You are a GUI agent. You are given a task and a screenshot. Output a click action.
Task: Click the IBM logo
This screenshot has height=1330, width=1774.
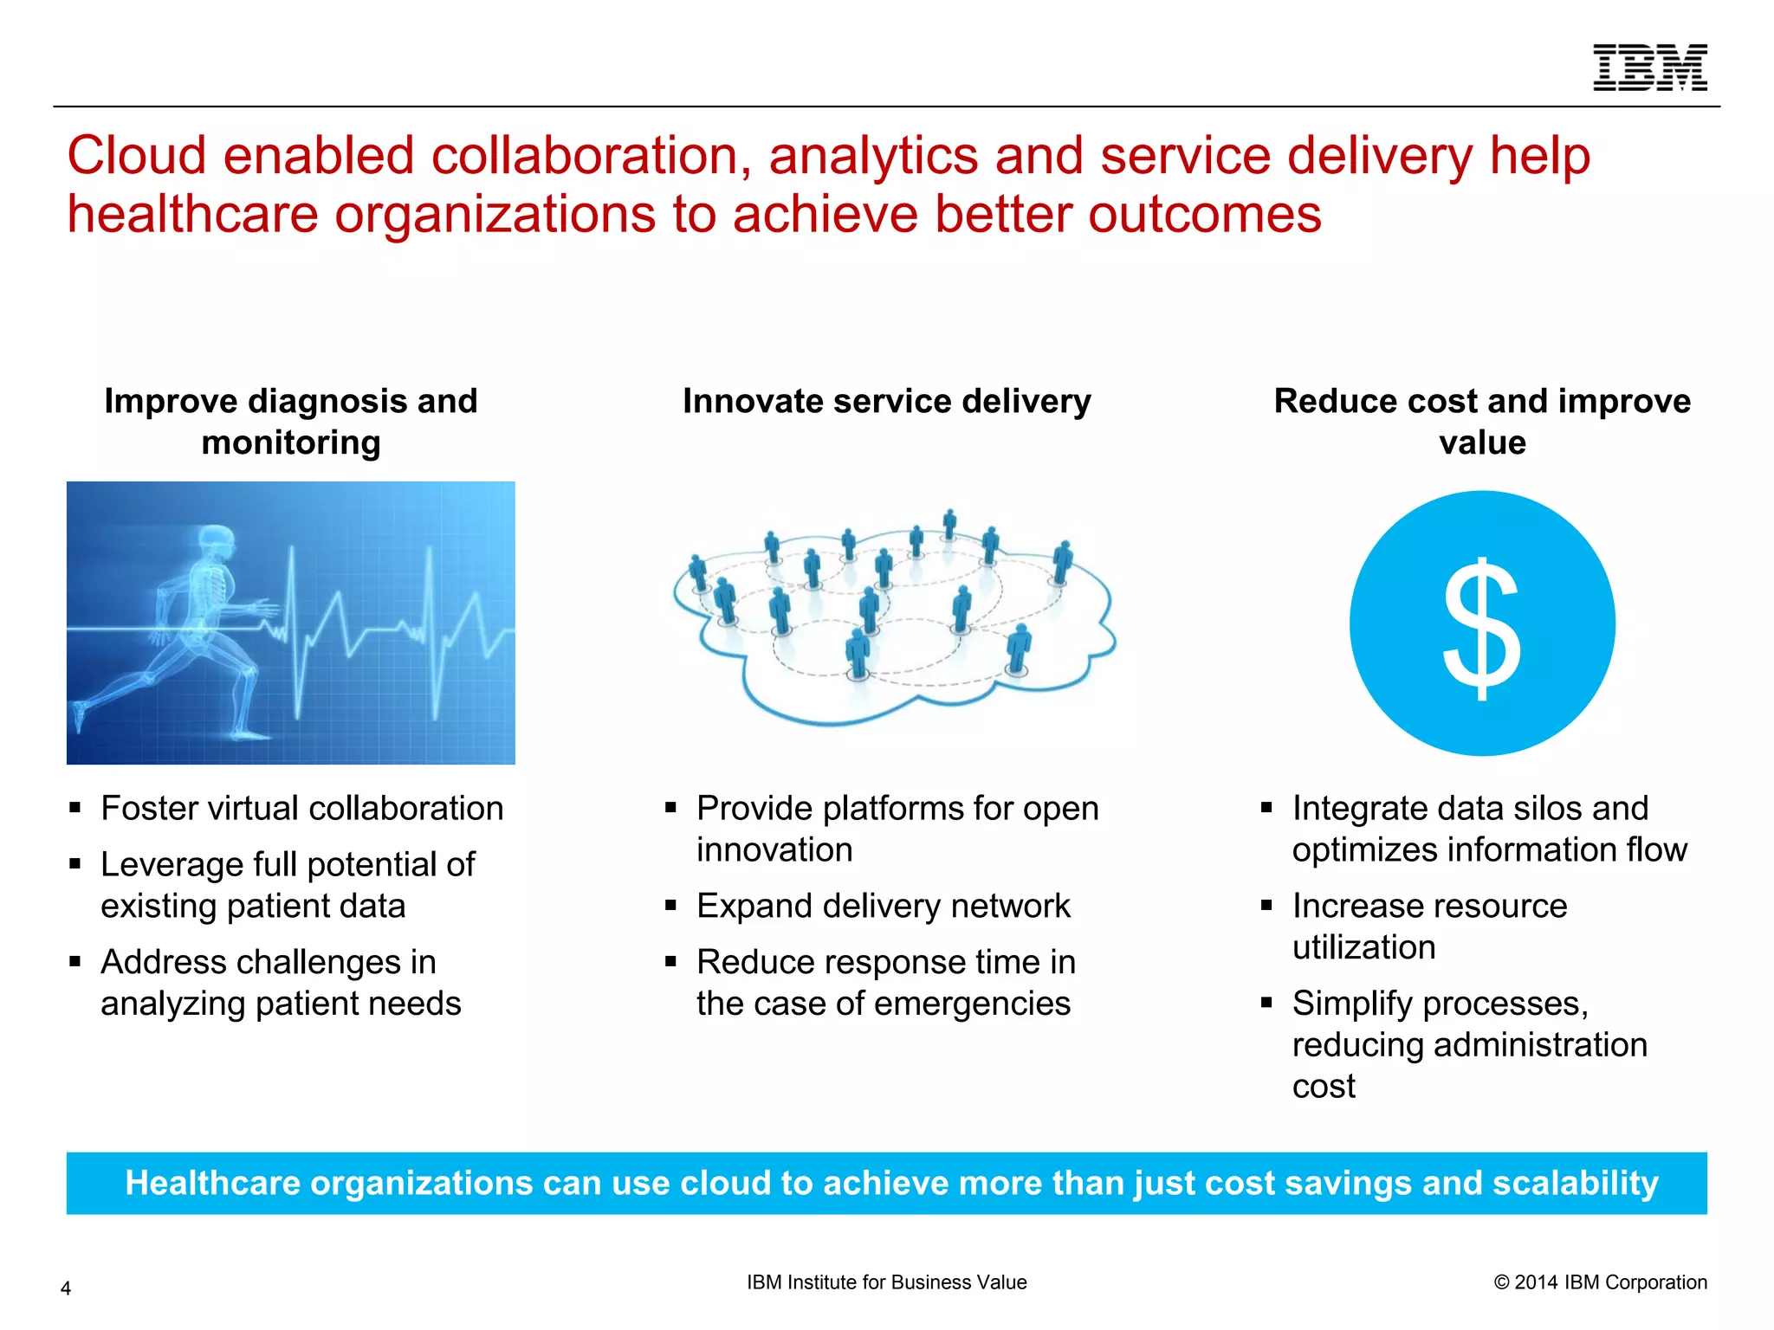click(1649, 68)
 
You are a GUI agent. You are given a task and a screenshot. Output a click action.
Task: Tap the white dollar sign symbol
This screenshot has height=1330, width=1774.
click(1482, 628)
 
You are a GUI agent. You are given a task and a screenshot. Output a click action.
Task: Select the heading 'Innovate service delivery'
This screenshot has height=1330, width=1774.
click(886, 401)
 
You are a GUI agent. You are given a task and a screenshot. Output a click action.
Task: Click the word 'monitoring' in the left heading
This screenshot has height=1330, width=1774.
click(291, 442)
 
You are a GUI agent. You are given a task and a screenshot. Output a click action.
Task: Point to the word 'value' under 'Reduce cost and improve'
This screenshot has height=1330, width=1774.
click(1482, 442)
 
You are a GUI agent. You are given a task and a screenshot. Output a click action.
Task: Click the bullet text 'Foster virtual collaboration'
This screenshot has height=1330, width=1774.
click(301, 808)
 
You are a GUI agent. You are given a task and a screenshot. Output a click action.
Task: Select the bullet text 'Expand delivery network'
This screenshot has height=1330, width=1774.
click(883, 906)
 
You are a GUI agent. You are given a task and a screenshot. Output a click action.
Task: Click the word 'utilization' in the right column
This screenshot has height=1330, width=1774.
click(1363, 947)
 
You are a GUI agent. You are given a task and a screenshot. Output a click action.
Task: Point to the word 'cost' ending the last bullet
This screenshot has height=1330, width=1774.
click(1323, 1086)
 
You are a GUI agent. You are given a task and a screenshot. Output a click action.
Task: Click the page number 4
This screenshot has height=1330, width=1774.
click(66, 1288)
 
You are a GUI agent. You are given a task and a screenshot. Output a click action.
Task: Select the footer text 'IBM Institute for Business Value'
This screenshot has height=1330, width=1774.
click(886, 1282)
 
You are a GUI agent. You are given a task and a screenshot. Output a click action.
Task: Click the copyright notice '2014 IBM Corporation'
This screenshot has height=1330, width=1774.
click(1609, 1282)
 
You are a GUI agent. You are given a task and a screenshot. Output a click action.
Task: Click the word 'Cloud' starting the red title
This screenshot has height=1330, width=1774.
click(137, 156)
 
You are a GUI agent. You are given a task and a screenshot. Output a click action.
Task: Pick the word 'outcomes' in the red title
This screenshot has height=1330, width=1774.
click(1204, 214)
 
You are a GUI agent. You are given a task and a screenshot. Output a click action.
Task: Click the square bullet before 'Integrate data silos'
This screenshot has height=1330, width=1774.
click(1266, 808)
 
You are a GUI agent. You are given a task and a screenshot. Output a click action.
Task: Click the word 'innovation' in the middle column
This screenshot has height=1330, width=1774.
click(774, 849)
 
